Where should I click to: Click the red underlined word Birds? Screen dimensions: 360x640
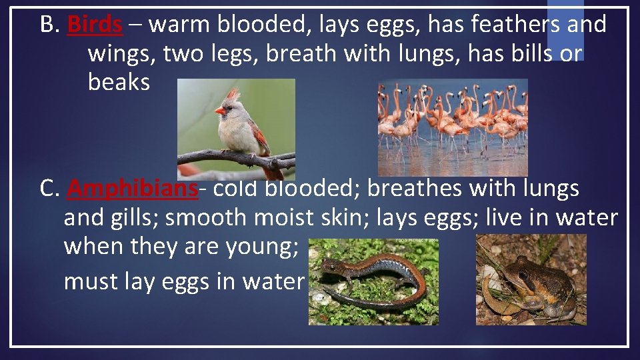coord(95,25)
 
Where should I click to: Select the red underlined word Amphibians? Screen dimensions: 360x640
coord(133,189)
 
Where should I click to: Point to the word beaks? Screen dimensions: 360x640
coord(119,82)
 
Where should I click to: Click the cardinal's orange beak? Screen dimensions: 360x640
coord(220,111)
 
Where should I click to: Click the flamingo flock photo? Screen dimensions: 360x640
coord(453,127)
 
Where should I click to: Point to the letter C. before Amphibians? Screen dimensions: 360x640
coord(49,189)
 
